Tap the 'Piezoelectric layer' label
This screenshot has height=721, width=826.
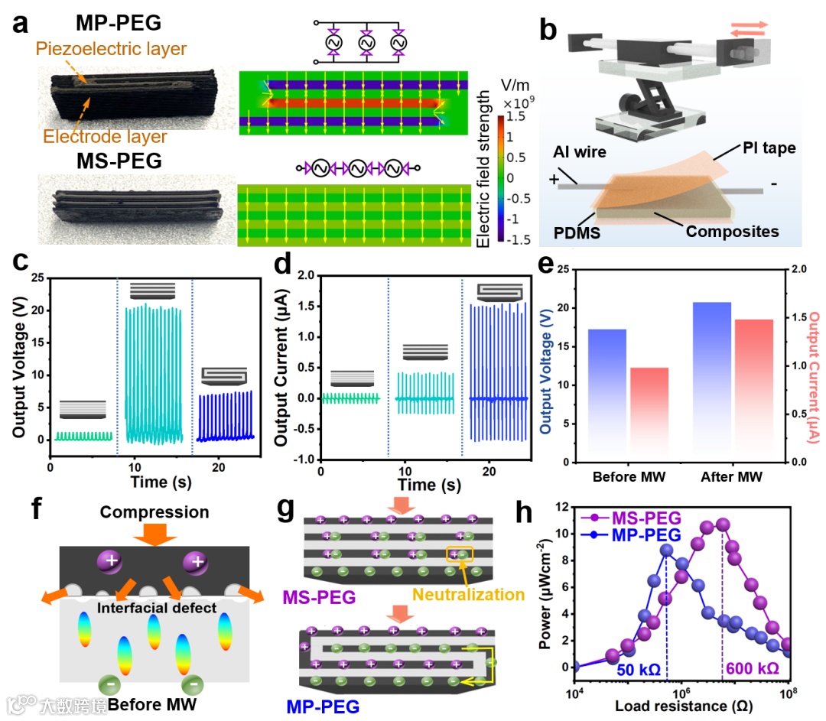point(110,50)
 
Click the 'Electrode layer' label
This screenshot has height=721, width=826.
point(105,138)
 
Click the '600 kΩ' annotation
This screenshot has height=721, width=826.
point(753,668)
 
